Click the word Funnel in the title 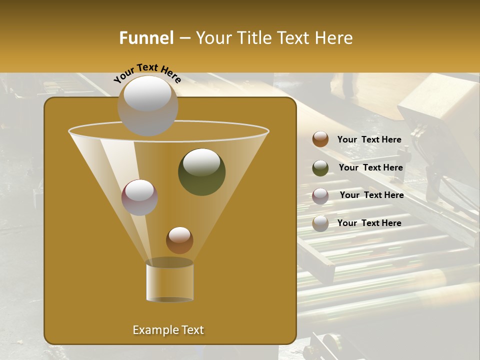(x=146, y=38)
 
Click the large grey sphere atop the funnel (x=147, y=105)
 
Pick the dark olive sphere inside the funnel (x=201, y=171)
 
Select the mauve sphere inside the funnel (x=139, y=197)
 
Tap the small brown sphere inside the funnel (x=179, y=240)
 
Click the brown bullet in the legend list (x=320, y=139)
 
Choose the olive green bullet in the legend (x=320, y=168)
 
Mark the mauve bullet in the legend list (x=320, y=196)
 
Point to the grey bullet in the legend (x=320, y=223)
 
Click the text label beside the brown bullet (x=369, y=140)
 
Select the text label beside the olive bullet (x=370, y=168)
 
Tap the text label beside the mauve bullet (x=371, y=195)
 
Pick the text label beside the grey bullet (x=369, y=223)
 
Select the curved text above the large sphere (x=147, y=73)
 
